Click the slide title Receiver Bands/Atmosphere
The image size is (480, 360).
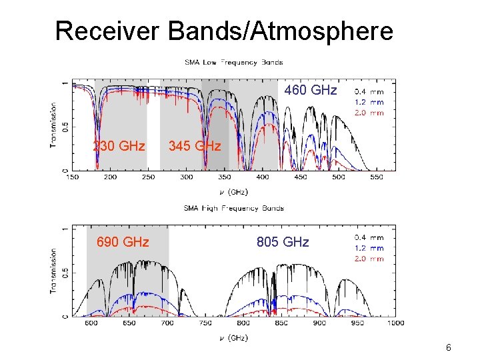pyautogui.click(x=224, y=31)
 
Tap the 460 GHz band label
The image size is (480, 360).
pyautogui.click(x=311, y=90)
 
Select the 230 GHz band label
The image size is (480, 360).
pyautogui.click(x=119, y=145)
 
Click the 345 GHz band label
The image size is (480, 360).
pyautogui.click(x=195, y=145)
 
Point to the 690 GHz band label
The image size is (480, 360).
pyautogui.click(x=123, y=242)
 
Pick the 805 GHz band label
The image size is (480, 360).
pyautogui.click(x=283, y=242)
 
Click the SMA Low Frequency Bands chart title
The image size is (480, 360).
pyautogui.click(x=233, y=63)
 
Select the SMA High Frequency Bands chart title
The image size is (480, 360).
pyautogui.click(x=233, y=208)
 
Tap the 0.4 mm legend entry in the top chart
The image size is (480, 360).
pyautogui.click(x=369, y=92)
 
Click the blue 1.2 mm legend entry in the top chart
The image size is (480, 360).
pyautogui.click(x=369, y=103)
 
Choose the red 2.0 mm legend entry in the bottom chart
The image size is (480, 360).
pyautogui.click(x=369, y=259)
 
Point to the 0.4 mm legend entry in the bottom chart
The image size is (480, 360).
pyautogui.click(x=369, y=237)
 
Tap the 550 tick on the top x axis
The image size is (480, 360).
pyautogui.click(x=376, y=177)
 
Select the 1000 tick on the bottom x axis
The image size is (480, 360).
pyautogui.click(x=395, y=323)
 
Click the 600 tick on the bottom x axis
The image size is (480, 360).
pyautogui.click(x=91, y=323)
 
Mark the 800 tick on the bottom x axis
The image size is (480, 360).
pyautogui.click(x=243, y=323)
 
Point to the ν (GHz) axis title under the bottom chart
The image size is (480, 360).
pyautogui.click(x=233, y=338)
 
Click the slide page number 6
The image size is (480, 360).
pyautogui.click(x=449, y=347)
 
